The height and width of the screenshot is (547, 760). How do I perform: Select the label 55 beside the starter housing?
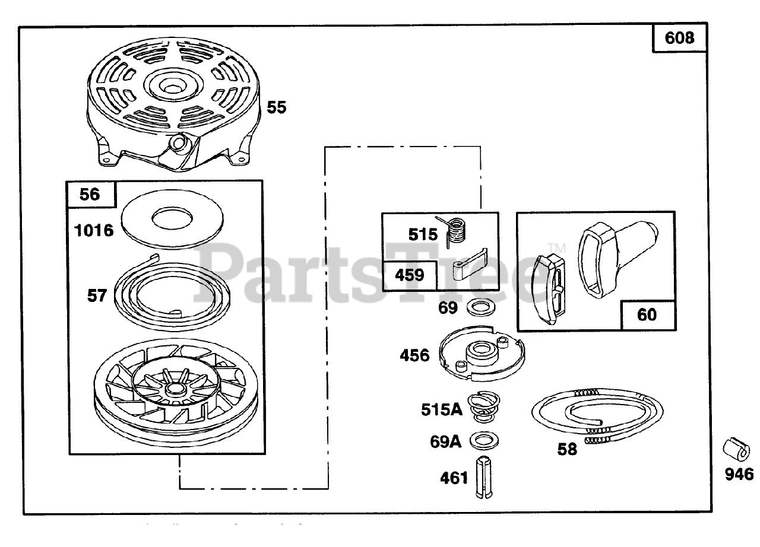click(x=275, y=107)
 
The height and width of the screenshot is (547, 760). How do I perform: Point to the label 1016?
click(x=94, y=230)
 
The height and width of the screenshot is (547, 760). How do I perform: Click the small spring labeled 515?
click(x=457, y=230)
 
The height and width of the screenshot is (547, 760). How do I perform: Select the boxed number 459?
click(x=410, y=275)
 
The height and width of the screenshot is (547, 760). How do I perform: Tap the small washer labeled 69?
click(x=477, y=308)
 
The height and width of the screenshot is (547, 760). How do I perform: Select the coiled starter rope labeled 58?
click(x=597, y=415)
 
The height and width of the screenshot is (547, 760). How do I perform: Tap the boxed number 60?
click(x=647, y=314)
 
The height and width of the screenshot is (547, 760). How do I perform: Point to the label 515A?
click(x=442, y=410)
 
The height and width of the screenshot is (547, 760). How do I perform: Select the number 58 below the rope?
click(x=567, y=449)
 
